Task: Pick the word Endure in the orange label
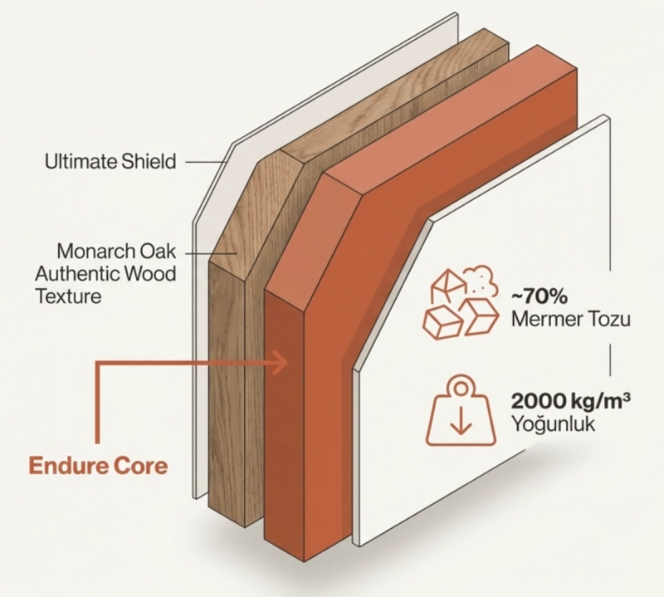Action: click(69, 464)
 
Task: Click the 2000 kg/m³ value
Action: click(564, 401)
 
